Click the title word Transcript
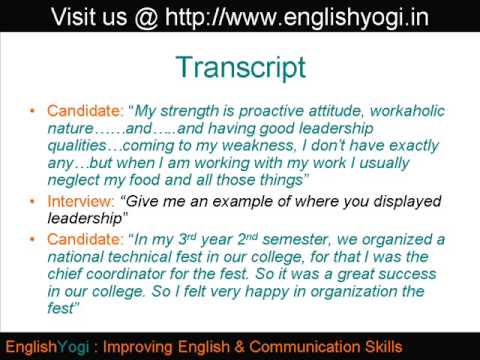239,67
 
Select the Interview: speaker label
79,200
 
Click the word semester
283,240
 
